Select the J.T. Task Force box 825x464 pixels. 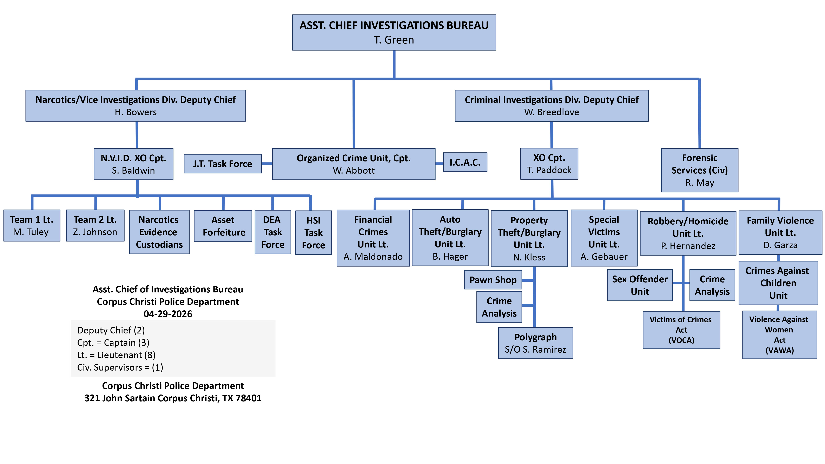223,164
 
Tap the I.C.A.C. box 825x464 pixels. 465,162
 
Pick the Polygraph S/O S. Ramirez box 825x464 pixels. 535,343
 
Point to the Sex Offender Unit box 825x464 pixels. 640,285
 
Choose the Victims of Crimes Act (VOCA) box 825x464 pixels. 681,330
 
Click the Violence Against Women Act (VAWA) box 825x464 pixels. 780,335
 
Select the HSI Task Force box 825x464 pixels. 313,232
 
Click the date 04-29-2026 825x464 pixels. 168,314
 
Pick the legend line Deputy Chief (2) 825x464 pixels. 111,330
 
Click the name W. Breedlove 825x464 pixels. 552,112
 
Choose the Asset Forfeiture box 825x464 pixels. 223,226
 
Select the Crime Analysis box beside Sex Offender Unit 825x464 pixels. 712,285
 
